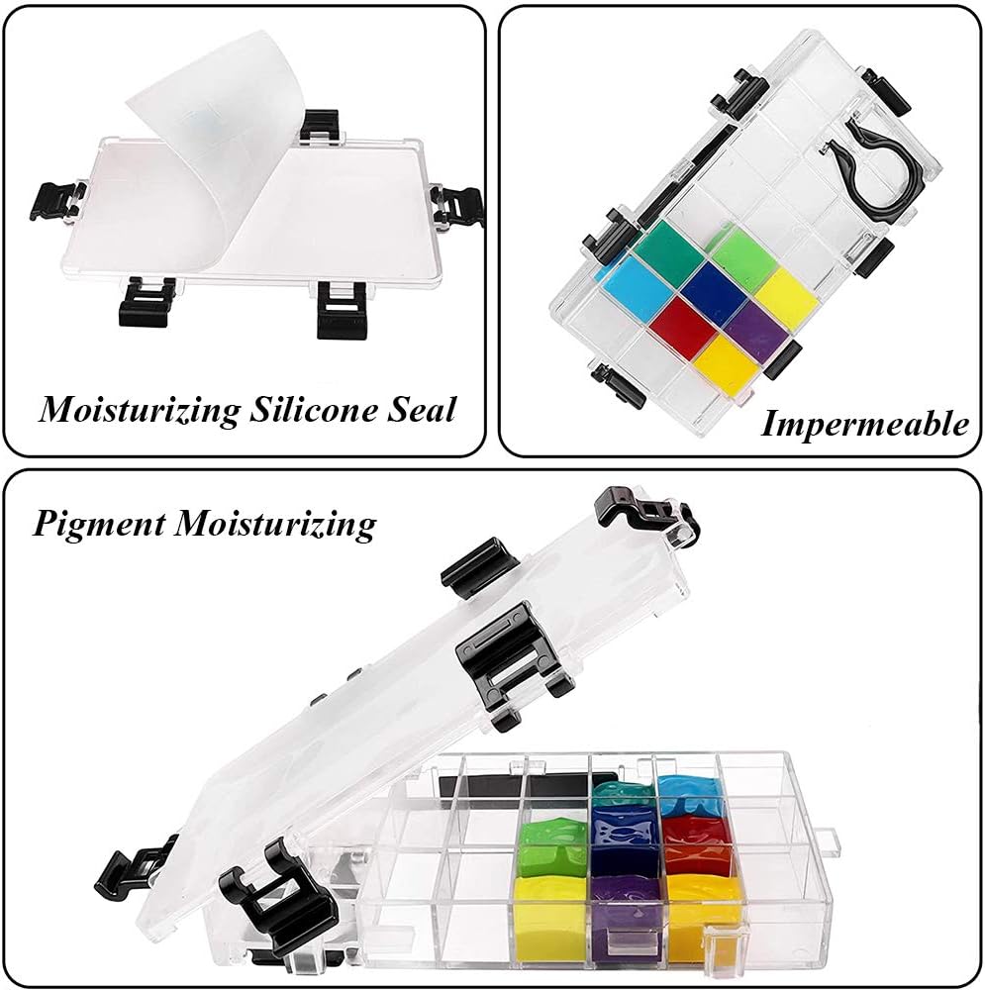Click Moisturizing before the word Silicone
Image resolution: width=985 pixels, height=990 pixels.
pyautogui.click(x=140, y=411)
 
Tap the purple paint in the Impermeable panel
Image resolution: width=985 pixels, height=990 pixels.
pyautogui.click(x=756, y=324)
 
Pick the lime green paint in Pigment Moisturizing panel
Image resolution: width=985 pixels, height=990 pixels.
pyautogui.click(x=554, y=845)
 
